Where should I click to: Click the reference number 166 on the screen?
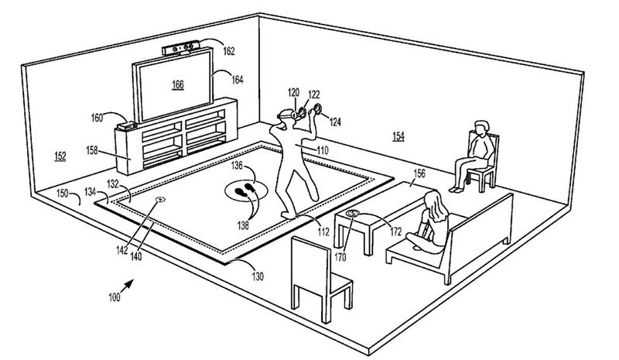177,84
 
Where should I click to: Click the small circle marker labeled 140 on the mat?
161,201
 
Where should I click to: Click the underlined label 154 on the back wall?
397,135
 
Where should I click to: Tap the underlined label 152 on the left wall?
59,156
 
